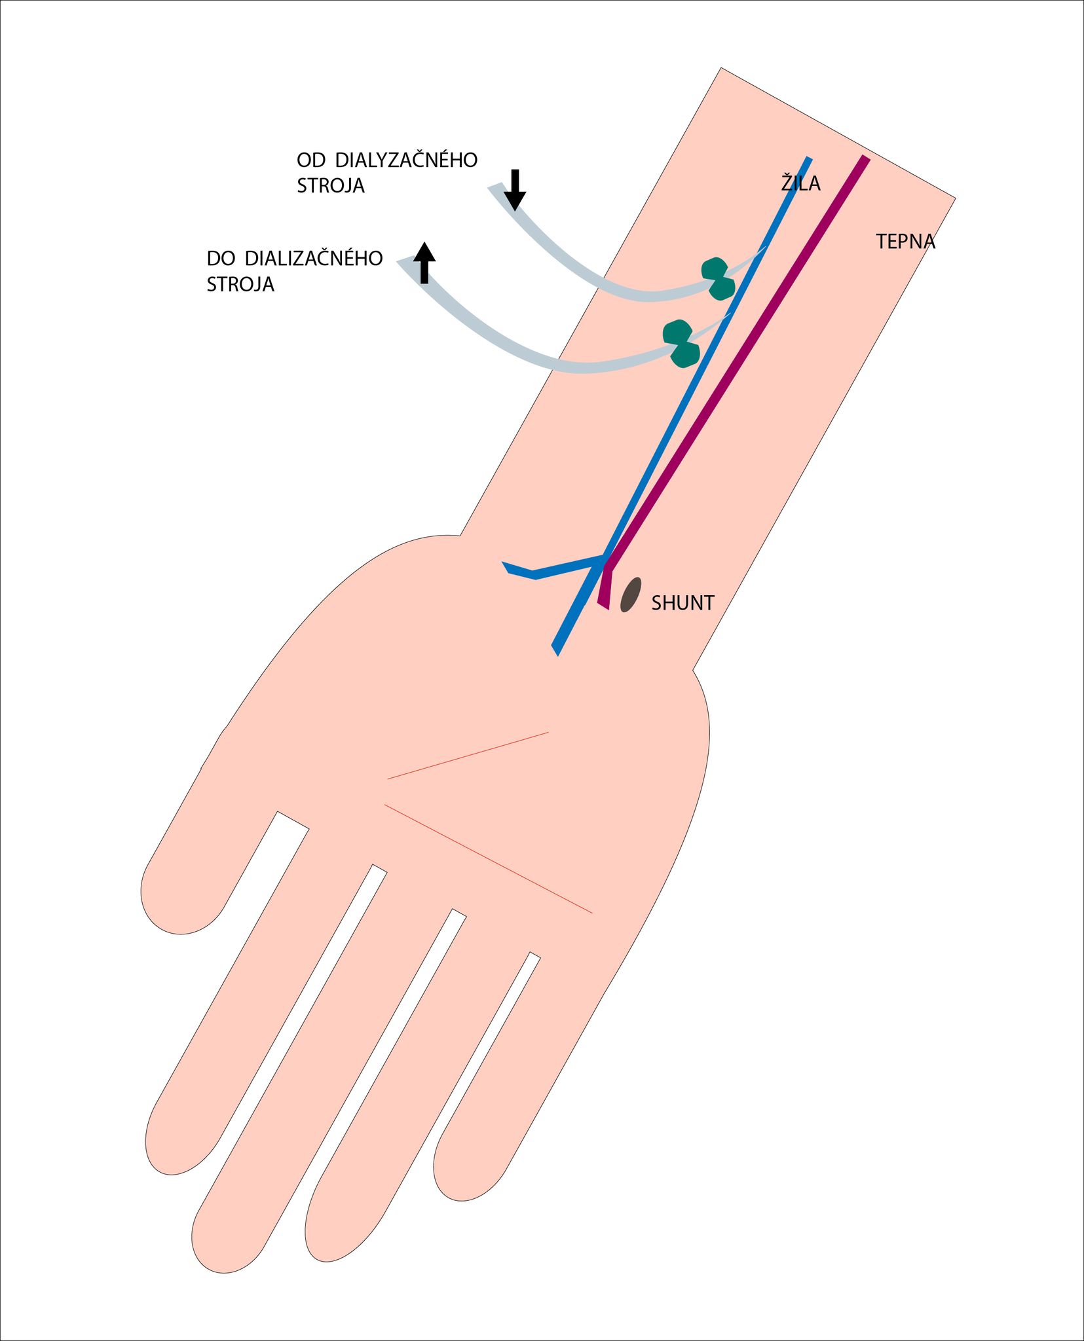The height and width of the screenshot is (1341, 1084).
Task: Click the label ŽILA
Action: click(x=800, y=183)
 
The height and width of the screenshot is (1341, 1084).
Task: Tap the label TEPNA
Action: click(x=906, y=242)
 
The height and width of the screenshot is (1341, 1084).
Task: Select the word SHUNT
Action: click(x=682, y=603)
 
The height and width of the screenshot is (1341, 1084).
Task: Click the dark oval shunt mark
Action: click(x=630, y=595)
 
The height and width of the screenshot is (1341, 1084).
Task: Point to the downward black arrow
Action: click(x=515, y=190)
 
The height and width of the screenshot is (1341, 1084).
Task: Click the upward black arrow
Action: click(x=424, y=263)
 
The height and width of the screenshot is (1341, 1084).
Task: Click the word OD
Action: click(x=310, y=160)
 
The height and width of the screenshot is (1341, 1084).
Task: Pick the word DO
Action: click(x=221, y=258)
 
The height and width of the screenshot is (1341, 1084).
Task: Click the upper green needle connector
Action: click(x=718, y=279)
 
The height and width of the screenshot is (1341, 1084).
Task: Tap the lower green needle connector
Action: click(x=681, y=344)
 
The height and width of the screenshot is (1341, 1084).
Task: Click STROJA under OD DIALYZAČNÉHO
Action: click(x=331, y=186)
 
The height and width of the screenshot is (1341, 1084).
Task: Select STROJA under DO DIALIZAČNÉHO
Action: click(x=240, y=284)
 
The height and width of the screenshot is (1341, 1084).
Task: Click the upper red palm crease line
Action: click(x=468, y=756)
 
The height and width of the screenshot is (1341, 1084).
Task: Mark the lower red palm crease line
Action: click(x=488, y=858)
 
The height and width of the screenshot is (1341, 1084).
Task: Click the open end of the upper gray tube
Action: click(x=496, y=188)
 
